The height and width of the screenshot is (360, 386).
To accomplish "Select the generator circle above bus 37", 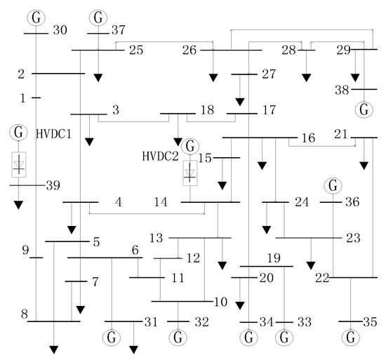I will [x=99, y=16].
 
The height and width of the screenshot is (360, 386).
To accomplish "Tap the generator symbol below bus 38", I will [x=364, y=109].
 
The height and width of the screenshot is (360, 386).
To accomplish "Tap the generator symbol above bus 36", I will [x=332, y=187].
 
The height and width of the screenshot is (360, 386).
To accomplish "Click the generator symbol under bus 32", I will [x=179, y=338].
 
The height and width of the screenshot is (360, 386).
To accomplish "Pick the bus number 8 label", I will [x=24, y=314].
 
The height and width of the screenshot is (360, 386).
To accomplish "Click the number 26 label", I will [x=189, y=50].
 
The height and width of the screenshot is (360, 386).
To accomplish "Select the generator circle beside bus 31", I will [x=112, y=338].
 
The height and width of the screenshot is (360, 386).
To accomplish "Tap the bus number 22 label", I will [x=321, y=278].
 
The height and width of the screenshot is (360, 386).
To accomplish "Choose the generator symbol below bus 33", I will [x=284, y=338].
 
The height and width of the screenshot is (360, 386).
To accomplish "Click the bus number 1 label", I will [x=22, y=98].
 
